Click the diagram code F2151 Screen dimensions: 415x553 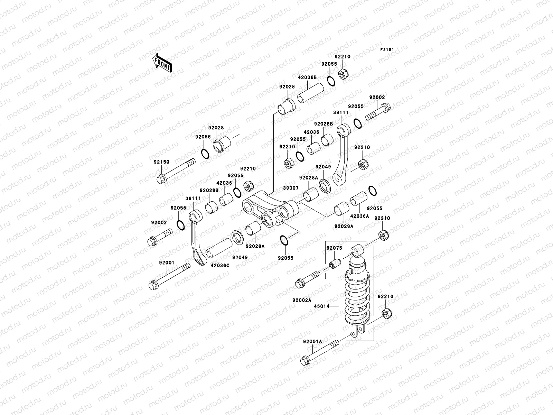pos(387,50)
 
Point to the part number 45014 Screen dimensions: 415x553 pos(321,306)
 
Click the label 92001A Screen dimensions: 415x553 pos(312,341)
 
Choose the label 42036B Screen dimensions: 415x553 pos(307,78)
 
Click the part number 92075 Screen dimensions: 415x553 pos(334,248)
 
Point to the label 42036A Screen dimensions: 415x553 pos(360,216)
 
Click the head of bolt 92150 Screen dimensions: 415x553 pos(161,179)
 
